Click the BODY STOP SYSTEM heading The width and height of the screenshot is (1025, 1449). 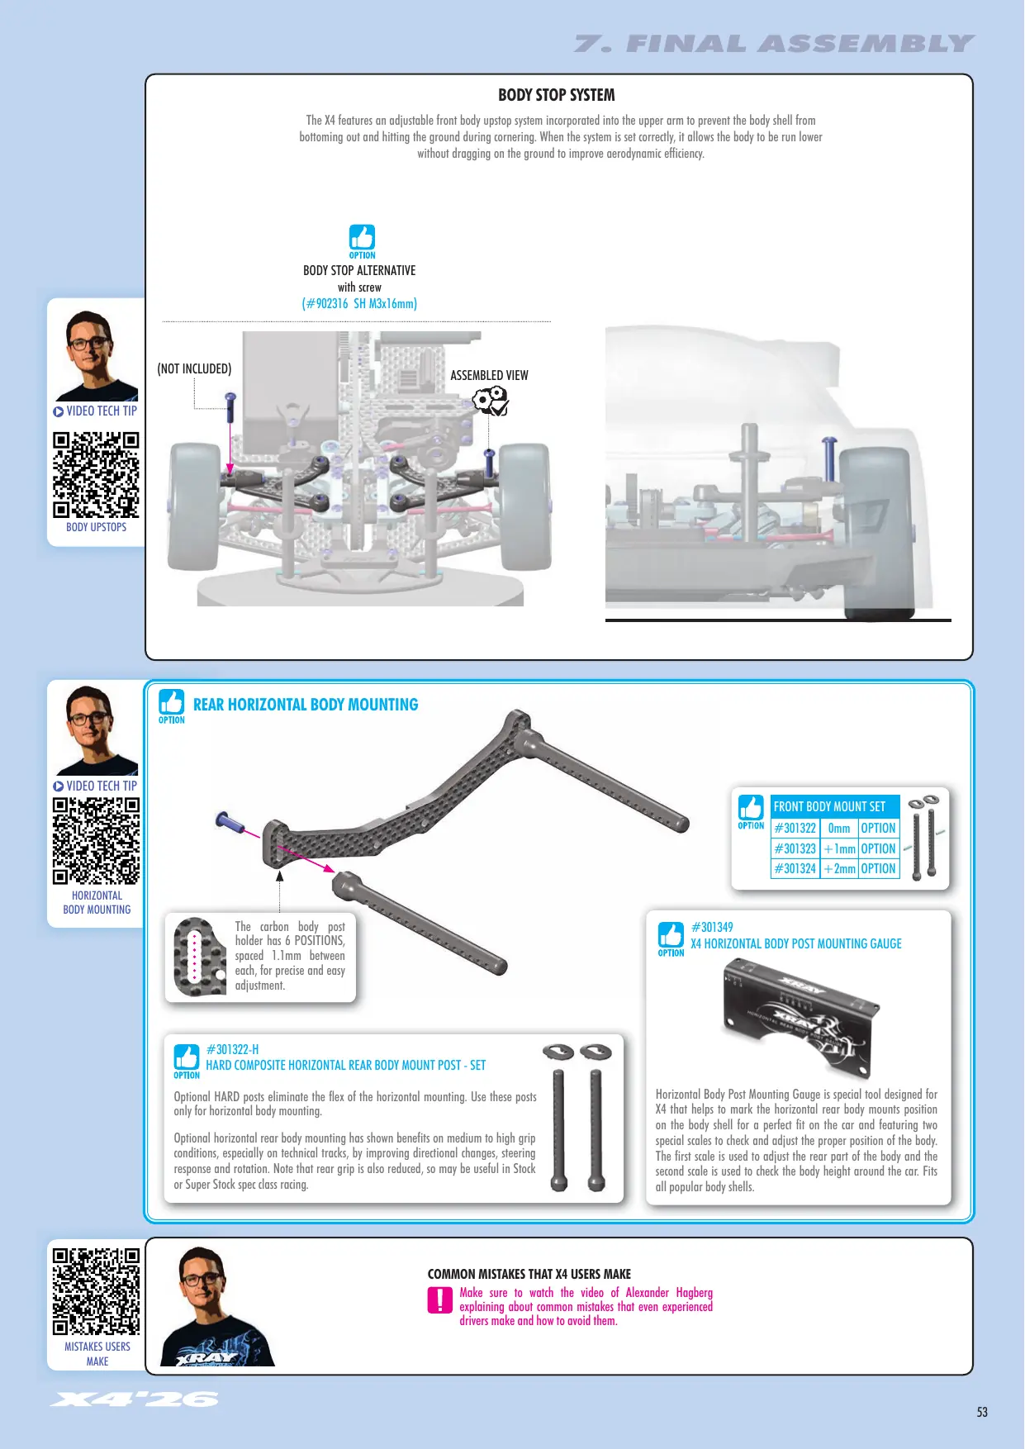point(556,95)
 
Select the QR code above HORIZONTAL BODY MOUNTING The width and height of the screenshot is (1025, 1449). point(96,841)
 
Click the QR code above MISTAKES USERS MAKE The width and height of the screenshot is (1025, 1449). point(96,1292)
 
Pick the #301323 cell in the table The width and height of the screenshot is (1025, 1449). point(795,848)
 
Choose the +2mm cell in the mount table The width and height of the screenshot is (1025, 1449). point(839,869)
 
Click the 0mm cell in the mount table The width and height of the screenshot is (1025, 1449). point(839,828)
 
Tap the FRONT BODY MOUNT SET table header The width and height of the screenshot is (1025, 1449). point(829,806)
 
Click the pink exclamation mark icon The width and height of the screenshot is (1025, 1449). point(439,1300)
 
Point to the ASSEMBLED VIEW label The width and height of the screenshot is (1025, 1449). point(489,375)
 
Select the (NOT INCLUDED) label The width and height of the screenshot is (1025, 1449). point(194,368)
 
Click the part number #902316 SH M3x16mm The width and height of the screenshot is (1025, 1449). point(359,303)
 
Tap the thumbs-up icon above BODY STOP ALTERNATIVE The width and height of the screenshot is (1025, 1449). point(362,238)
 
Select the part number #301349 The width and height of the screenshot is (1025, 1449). point(712,927)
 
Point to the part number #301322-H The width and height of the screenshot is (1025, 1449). point(232,1049)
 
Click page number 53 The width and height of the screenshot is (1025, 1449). point(982,1412)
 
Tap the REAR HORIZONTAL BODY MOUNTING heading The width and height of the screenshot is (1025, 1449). point(306,705)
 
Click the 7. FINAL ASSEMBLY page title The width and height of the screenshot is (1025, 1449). point(775,44)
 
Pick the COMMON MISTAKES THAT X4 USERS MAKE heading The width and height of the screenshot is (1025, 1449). point(529,1274)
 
